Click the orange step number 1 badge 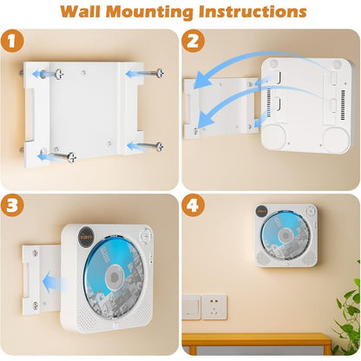tap(14, 42)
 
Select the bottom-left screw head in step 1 tap(72, 156)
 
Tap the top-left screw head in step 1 tap(55, 73)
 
